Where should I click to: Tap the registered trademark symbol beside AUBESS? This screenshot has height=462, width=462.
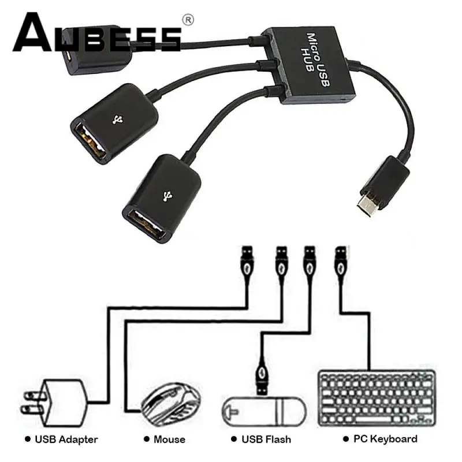tap(188, 20)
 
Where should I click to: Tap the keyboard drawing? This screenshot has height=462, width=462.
tap(377, 398)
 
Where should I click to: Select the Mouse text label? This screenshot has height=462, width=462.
tap(169, 439)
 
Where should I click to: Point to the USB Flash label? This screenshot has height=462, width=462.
tap(266, 439)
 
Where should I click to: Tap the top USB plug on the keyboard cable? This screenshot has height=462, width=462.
tap(340, 263)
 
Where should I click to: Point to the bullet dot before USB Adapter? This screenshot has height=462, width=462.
tap(27, 439)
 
